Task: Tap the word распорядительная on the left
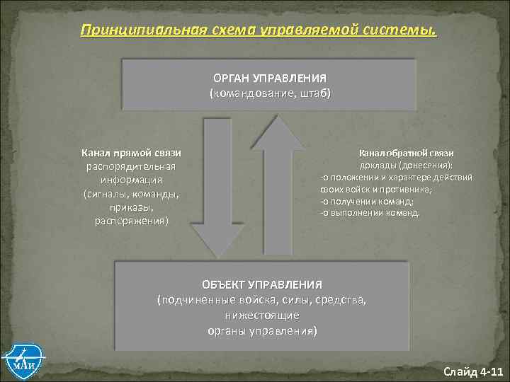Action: (131, 166)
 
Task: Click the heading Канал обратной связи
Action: (406, 153)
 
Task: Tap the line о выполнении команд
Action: (370, 212)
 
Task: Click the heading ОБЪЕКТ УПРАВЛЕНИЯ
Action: (261, 284)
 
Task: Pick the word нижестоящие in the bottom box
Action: (262, 316)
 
